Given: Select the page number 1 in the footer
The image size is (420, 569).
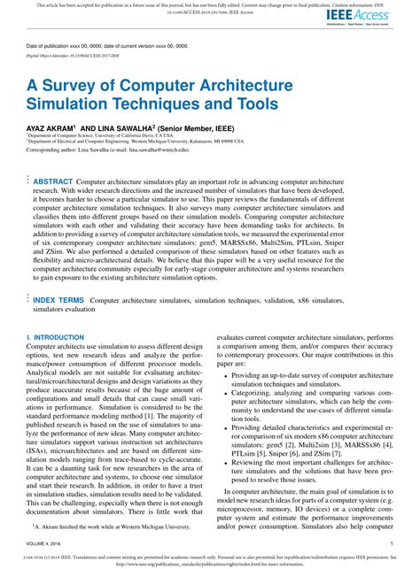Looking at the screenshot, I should pyautogui.click(x=391, y=544).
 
